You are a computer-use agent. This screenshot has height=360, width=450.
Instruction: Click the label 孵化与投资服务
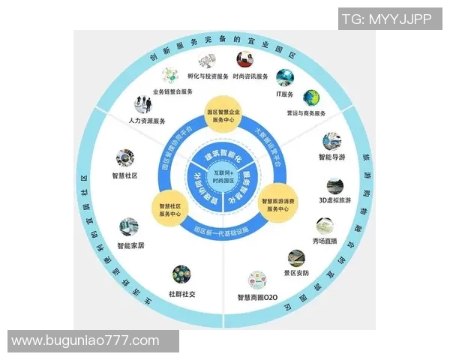201,76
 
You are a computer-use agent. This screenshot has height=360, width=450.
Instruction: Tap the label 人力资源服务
148,120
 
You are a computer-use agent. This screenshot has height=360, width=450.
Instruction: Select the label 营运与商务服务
307,113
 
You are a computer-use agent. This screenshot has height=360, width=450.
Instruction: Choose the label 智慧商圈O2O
258,298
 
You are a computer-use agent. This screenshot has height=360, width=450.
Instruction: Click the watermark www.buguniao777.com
85,340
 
